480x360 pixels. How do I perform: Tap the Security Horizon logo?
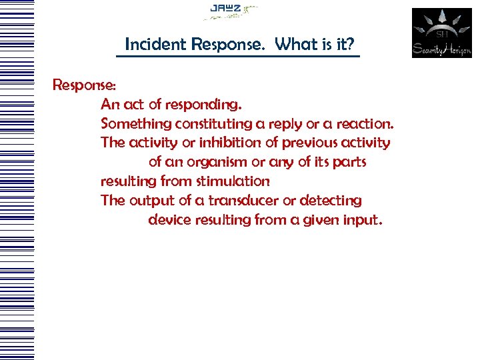[441, 33]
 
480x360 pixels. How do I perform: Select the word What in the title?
[292, 45]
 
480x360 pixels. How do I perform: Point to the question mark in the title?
[351, 45]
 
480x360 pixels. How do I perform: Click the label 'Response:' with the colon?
[85, 85]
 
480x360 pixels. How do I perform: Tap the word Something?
[136, 124]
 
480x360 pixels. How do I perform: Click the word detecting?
[331, 201]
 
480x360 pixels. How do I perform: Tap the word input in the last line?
[363, 220]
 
